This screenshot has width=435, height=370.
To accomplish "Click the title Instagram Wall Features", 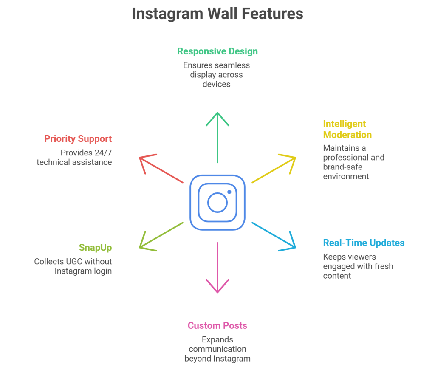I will click(217, 14).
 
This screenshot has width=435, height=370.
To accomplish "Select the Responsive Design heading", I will click(217, 51).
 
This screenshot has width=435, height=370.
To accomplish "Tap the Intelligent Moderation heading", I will click(347, 129).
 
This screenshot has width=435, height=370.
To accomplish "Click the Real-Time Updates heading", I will click(364, 243).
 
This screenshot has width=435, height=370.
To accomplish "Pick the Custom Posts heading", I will click(217, 325).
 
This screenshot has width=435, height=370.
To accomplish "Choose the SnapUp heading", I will click(95, 247).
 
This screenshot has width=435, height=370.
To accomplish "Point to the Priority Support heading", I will click(78, 139).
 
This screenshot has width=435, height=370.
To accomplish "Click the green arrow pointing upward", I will click(217, 136).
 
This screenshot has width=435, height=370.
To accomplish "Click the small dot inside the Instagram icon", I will click(229, 192).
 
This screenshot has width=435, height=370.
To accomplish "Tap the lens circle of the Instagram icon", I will click(217, 202).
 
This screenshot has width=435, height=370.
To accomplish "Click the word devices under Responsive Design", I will click(217, 84).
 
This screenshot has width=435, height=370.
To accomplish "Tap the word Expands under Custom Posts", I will click(217, 340).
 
